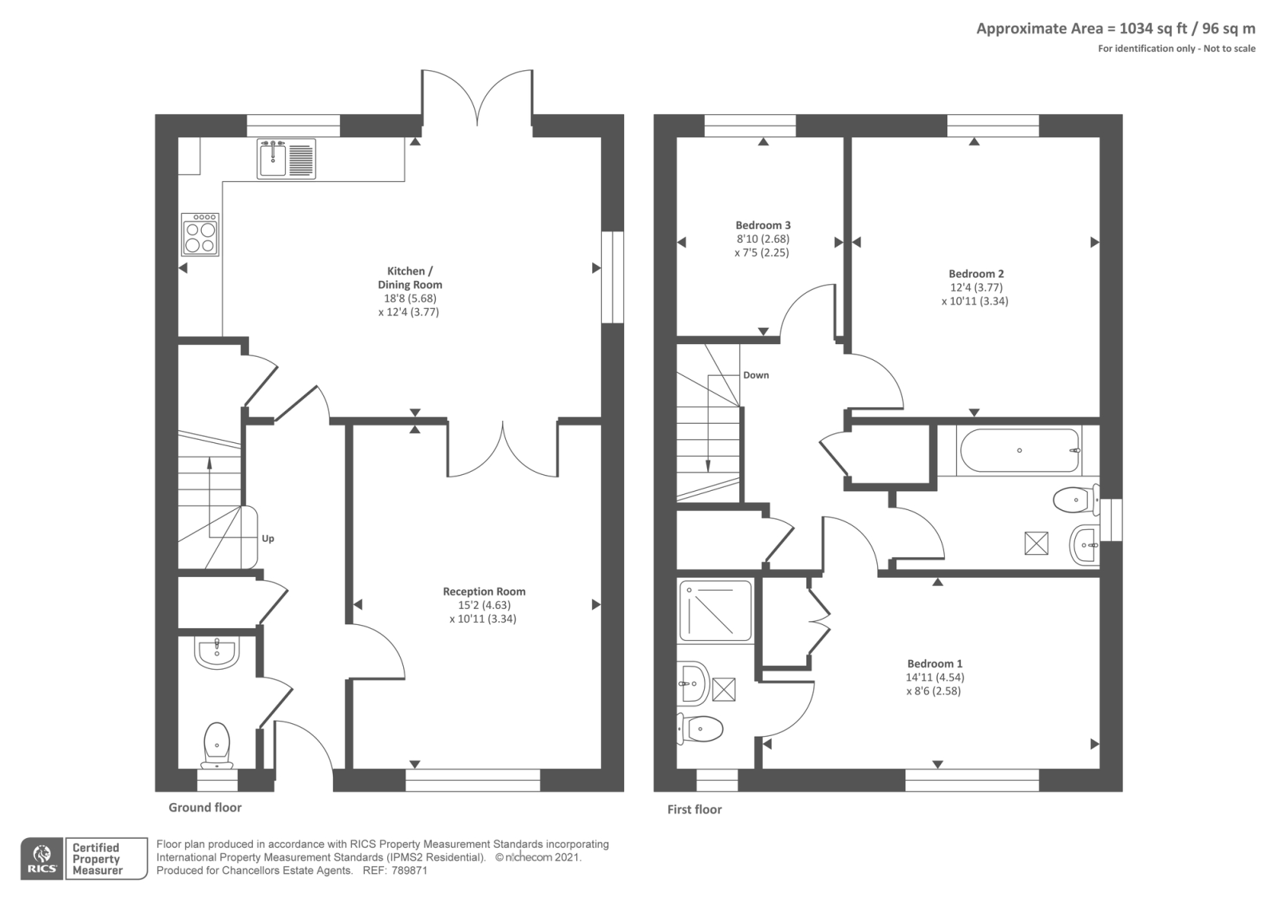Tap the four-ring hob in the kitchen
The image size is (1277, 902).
[x=200, y=234]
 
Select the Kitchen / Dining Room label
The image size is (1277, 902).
[x=409, y=278]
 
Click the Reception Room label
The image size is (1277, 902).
[x=484, y=591]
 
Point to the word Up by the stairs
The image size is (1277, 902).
[x=268, y=539]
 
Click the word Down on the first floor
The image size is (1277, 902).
[x=755, y=375]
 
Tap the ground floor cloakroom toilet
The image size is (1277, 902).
[x=216, y=742]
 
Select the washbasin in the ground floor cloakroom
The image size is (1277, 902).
[x=215, y=652]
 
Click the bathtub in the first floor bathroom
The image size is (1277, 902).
[x=1020, y=451]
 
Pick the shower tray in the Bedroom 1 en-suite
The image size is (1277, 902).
[x=715, y=611]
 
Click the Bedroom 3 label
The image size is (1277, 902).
[x=763, y=225]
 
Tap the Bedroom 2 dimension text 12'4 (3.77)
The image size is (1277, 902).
[x=975, y=287]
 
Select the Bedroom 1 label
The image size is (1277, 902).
[x=935, y=663]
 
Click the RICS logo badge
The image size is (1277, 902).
[x=42, y=859]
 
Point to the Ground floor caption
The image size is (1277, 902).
[x=204, y=808]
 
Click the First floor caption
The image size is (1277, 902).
[x=694, y=809]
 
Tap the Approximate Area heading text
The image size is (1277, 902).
[x=1115, y=29]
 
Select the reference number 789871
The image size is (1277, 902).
[x=409, y=871]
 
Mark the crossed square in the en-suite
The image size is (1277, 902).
[x=723, y=689]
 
